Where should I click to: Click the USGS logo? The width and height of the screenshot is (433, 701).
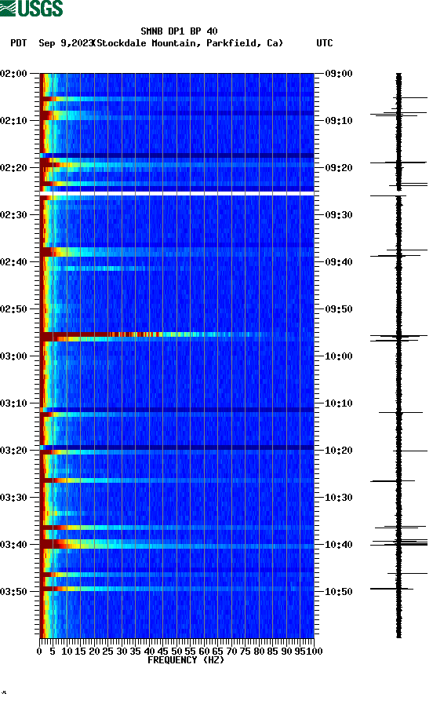coord(31,9)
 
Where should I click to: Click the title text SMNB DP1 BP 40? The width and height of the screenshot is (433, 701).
coord(179,31)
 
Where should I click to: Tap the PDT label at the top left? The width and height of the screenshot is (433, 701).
coord(19,43)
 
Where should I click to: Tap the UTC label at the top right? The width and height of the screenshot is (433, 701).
coord(324,43)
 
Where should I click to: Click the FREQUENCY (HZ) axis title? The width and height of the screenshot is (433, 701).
coord(185,660)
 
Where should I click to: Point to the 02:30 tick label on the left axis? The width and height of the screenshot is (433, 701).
coord(15,214)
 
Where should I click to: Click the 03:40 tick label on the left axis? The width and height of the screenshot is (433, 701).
coord(15,544)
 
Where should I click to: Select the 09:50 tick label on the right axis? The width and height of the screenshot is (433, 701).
coord(339,309)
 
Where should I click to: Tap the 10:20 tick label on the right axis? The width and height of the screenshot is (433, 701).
coord(339,450)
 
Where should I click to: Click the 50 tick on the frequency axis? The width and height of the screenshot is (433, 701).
coord(177,651)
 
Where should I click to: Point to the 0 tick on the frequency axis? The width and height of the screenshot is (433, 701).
coord(40,651)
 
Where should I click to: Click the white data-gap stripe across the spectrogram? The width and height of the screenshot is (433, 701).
coord(177,193)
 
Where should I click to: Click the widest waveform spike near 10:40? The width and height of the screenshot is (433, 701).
coord(399,542)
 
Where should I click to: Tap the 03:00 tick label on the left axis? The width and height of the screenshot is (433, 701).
coord(15,356)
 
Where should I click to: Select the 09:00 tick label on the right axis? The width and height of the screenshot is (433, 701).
coord(339,73)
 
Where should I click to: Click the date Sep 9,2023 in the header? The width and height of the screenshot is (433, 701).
coord(66,43)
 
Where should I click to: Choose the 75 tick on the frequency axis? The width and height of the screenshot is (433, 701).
coord(246,651)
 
